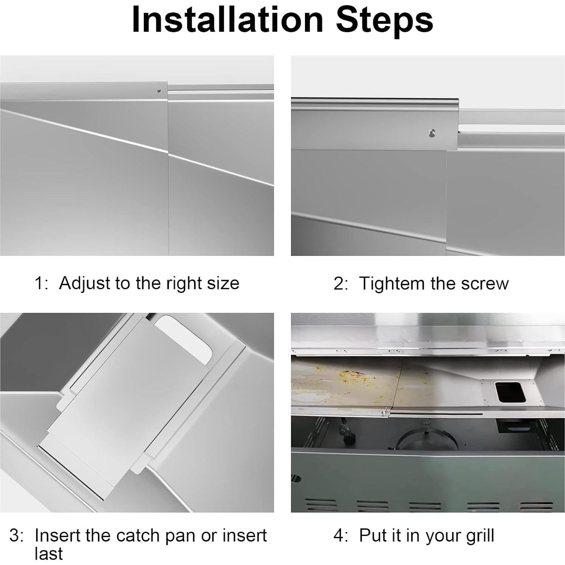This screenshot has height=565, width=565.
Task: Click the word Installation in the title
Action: click(228, 20)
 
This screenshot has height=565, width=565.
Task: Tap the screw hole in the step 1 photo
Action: click(159, 91)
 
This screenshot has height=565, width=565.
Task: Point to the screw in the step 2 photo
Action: click(432, 133)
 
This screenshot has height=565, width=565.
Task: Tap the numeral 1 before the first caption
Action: click(38, 283)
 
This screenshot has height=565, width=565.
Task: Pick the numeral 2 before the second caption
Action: click(339, 283)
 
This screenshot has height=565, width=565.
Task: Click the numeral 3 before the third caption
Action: click(14, 536)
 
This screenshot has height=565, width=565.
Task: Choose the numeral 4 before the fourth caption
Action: click(339, 536)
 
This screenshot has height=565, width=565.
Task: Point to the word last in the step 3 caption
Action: click(48, 554)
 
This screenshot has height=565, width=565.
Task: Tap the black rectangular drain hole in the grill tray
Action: click(510, 393)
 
